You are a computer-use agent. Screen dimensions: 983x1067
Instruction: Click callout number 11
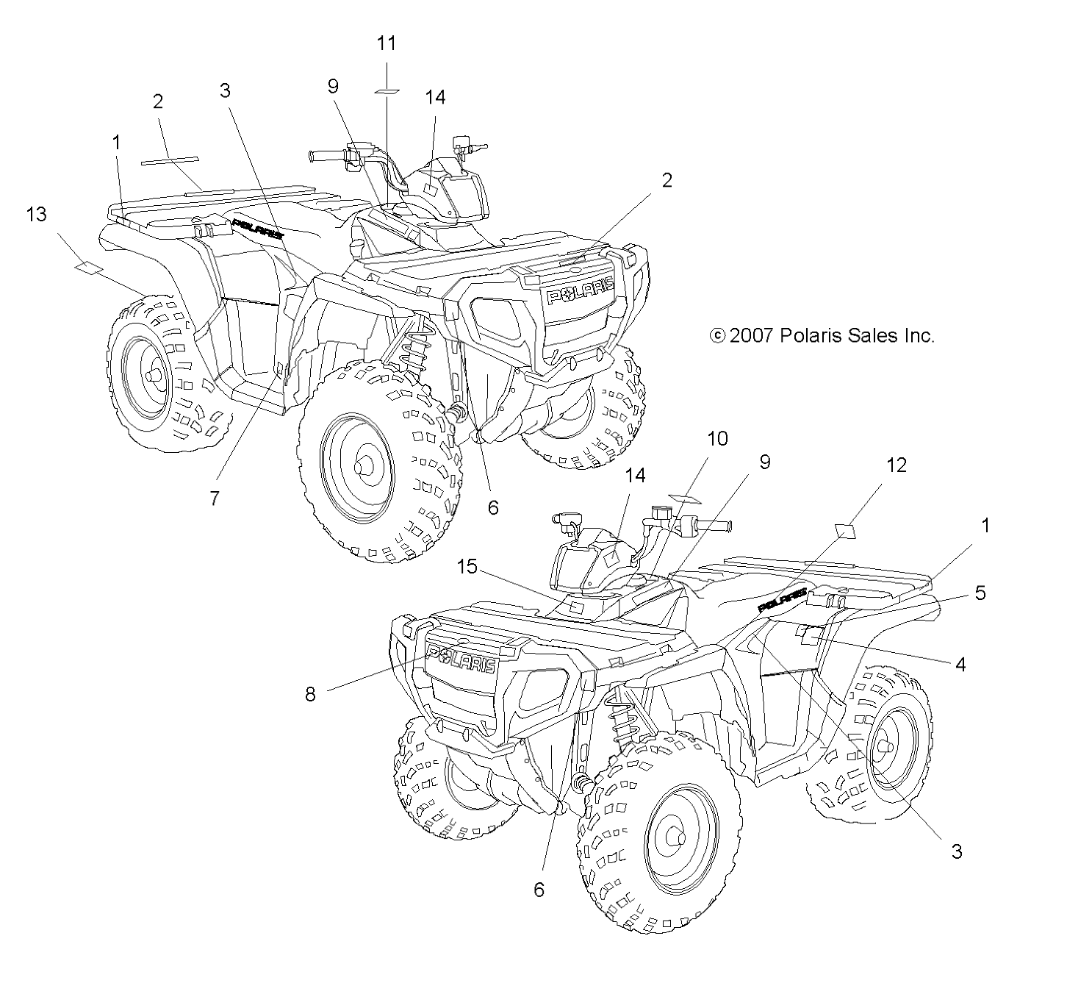click(x=386, y=43)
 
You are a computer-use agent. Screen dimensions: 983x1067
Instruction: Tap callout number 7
click(x=214, y=498)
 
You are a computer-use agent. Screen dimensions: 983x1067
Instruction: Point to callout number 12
click(x=897, y=465)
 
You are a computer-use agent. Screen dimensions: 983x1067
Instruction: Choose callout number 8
click(x=310, y=693)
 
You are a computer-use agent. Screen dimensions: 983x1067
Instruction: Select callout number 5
click(x=980, y=593)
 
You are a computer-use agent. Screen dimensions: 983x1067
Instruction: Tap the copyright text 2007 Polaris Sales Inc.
click(x=822, y=336)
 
